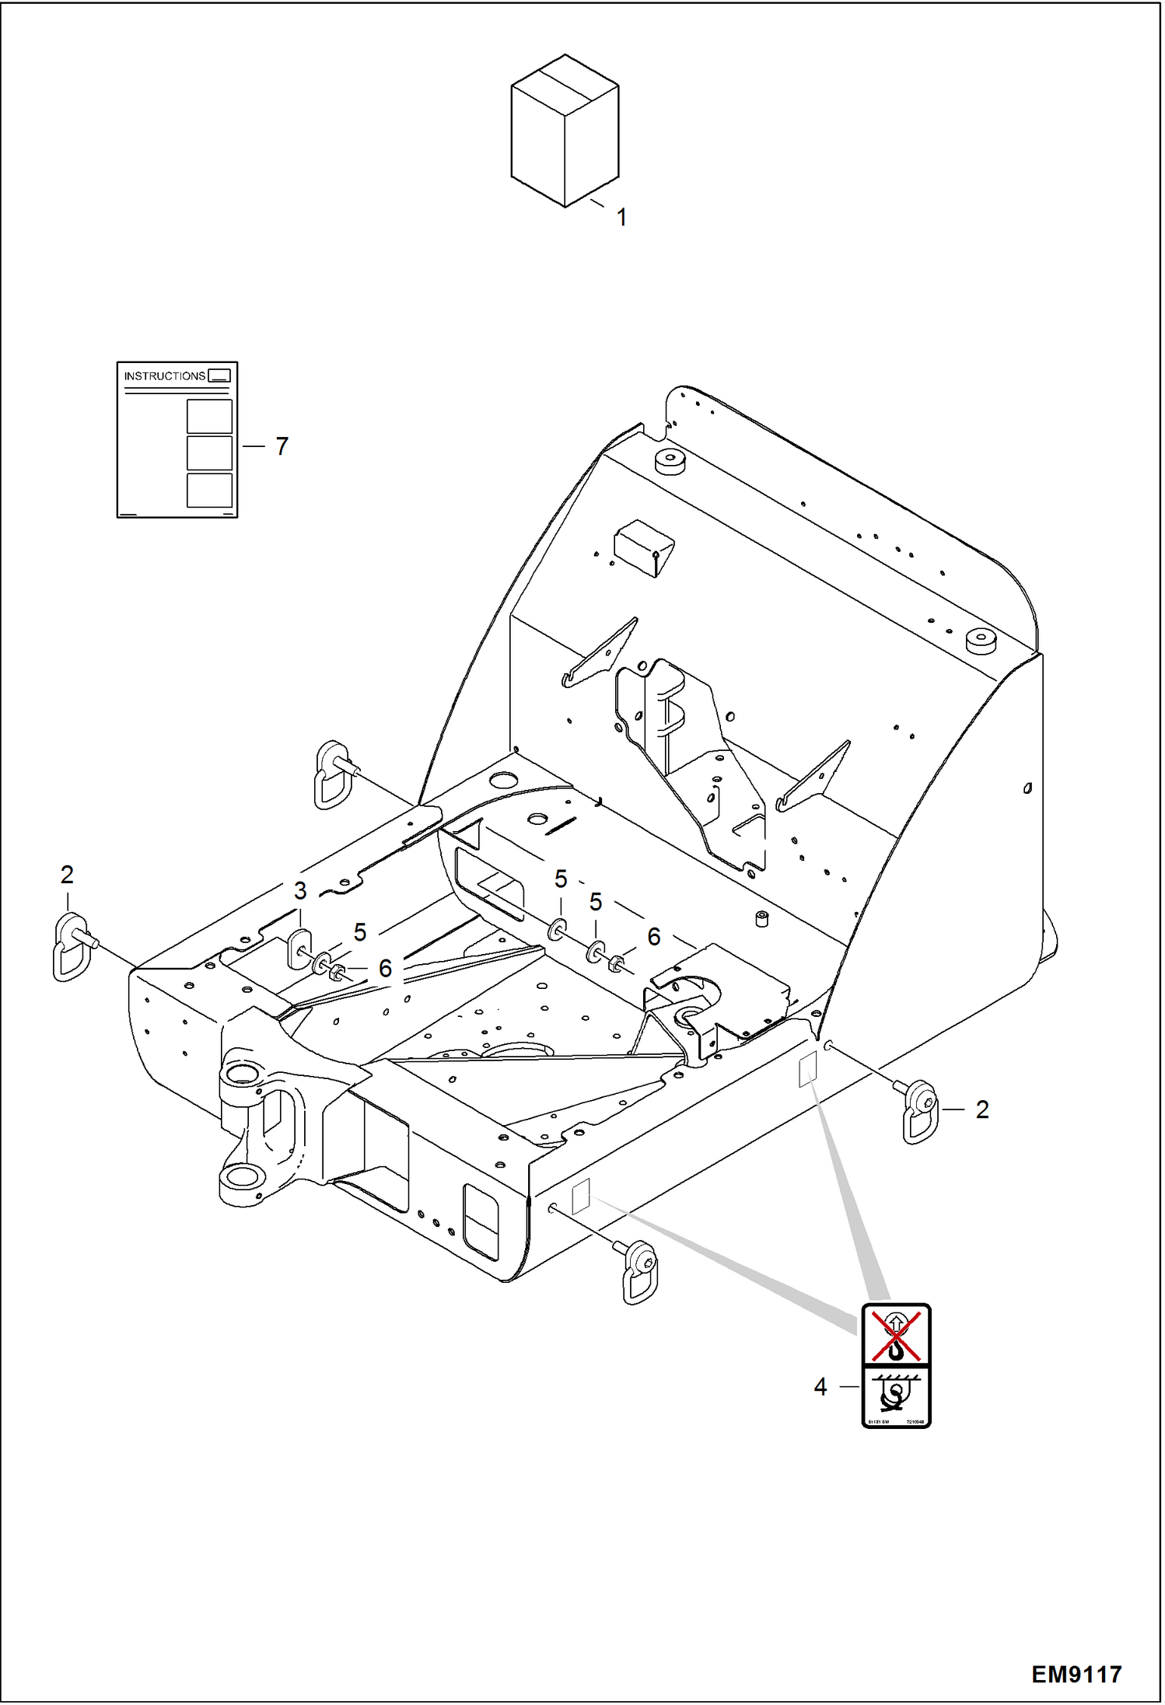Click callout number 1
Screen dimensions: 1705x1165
pos(621,218)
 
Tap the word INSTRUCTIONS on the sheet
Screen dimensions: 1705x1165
pos(164,376)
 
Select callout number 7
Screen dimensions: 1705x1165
pos(282,446)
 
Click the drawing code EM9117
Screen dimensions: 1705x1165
pos(1076,1674)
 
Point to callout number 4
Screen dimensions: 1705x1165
pos(820,1387)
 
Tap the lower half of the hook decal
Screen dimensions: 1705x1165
pos(896,1396)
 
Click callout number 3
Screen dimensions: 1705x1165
pos(300,891)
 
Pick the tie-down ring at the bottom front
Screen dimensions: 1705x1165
pos(640,1272)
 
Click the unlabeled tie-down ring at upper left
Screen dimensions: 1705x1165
pos(333,774)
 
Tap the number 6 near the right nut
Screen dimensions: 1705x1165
pos(654,938)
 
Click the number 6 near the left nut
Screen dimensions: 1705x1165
pos(385,969)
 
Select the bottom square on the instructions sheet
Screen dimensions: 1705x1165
pos(209,491)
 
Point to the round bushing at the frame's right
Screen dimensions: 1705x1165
pos(981,643)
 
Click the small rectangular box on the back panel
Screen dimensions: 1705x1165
pos(643,547)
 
